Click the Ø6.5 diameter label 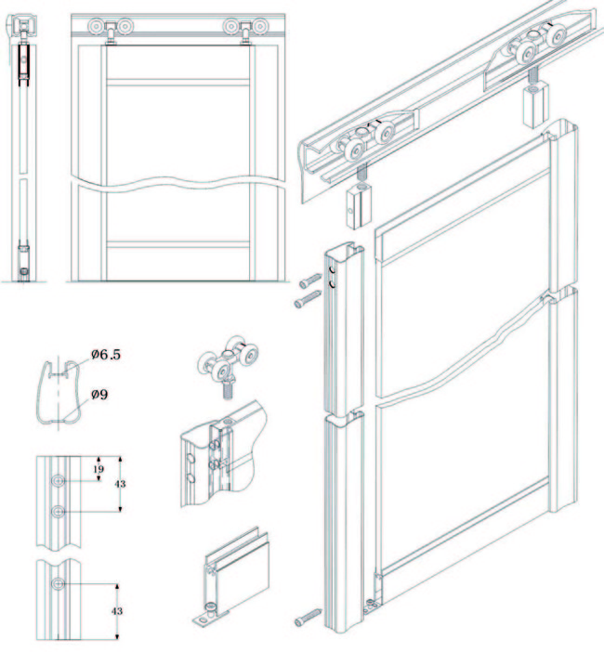tap(106, 355)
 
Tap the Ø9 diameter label tap(99, 394)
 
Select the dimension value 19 tap(98, 469)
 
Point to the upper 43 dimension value tap(120, 484)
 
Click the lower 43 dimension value tap(117, 611)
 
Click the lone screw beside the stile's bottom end tap(308, 617)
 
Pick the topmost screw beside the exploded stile tap(310, 279)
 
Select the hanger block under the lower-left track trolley tap(357, 206)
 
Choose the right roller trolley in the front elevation tap(246, 28)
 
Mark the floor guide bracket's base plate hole tap(202, 620)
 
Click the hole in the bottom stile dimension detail tap(58, 583)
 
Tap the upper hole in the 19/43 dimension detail tap(58, 481)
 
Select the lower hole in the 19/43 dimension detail tap(58, 511)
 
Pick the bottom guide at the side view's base tap(24, 271)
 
